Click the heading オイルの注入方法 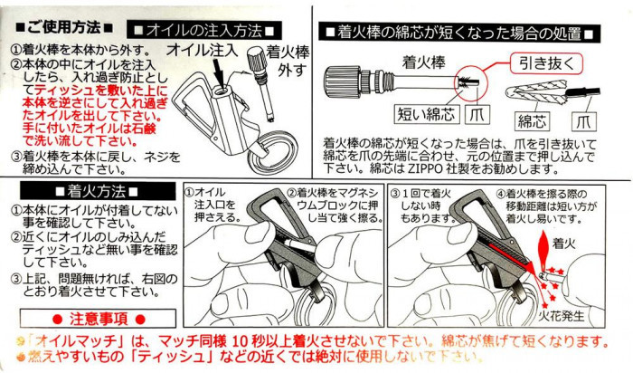click(x=204, y=30)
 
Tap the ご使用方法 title click(x=64, y=28)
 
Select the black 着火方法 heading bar click(x=98, y=191)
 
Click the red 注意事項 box click(x=98, y=319)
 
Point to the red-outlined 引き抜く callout click(x=546, y=63)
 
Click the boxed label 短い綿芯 click(x=426, y=114)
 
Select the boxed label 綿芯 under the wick click(x=532, y=120)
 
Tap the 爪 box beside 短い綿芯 click(x=477, y=114)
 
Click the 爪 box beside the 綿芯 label click(x=584, y=120)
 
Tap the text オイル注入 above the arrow click(x=203, y=50)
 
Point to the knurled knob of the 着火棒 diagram click(x=344, y=81)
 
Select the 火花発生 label click(x=562, y=315)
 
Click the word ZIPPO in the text click(x=421, y=168)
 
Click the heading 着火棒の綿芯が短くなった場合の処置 click(x=459, y=33)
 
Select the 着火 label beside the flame click(x=564, y=244)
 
